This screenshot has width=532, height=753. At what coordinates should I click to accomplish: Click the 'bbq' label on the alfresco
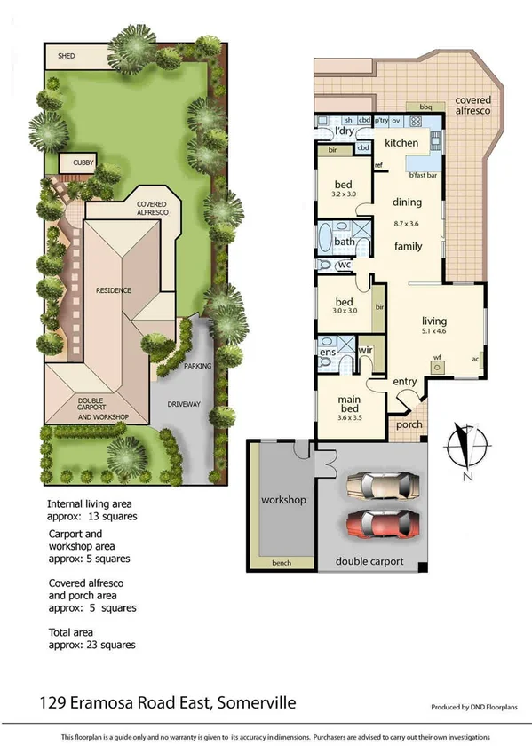point(425,107)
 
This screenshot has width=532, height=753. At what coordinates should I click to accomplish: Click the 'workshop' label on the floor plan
point(283,500)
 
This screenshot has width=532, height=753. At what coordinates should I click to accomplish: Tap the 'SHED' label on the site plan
point(67,56)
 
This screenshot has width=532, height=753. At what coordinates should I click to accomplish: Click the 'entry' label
point(405,382)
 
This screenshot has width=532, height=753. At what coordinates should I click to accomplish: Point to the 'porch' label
point(409,424)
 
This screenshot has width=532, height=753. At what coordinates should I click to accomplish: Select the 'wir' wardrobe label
point(365,351)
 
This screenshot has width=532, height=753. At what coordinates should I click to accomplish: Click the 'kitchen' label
point(401,143)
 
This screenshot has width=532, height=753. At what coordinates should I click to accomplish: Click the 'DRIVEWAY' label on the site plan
point(181,404)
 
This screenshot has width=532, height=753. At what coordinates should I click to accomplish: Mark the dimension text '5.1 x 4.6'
point(434,332)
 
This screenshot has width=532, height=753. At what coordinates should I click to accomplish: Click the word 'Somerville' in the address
point(252,703)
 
